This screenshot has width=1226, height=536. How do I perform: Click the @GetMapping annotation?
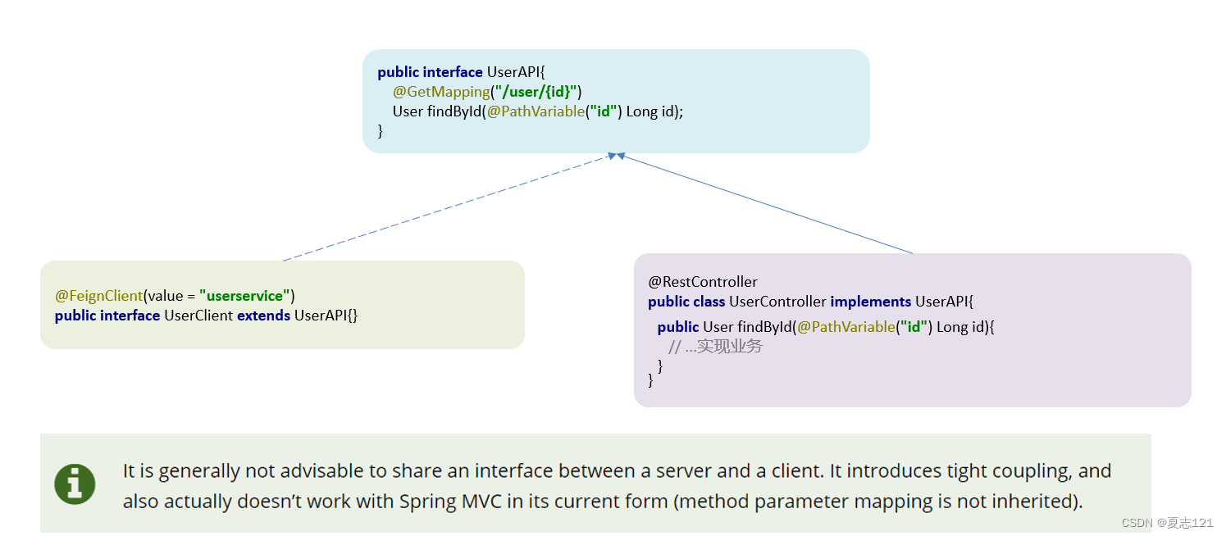[441, 92]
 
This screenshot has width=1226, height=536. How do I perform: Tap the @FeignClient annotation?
[98, 296]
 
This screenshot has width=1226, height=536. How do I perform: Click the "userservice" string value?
[244, 296]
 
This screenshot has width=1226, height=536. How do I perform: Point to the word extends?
[264, 316]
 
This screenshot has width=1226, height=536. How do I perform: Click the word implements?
[871, 302]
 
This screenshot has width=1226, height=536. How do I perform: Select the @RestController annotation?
[703, 282]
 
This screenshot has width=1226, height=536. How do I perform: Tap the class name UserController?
[777, 302]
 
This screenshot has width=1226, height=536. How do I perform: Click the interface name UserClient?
[198, 316]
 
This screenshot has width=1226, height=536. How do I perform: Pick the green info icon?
[75, 484]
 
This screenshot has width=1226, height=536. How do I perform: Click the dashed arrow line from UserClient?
[449, 208]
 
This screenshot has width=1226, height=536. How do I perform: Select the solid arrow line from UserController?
[765, 203]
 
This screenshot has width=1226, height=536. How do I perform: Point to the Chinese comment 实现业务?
[730, 346]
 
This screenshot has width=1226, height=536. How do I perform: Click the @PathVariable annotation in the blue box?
[536, 111]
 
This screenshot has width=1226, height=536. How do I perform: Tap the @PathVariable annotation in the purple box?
[846, 327]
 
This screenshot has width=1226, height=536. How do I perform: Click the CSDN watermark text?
[1168, 523]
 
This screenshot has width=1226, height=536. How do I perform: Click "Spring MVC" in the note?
[450, 502]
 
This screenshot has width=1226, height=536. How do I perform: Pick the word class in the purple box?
[709, 302]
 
